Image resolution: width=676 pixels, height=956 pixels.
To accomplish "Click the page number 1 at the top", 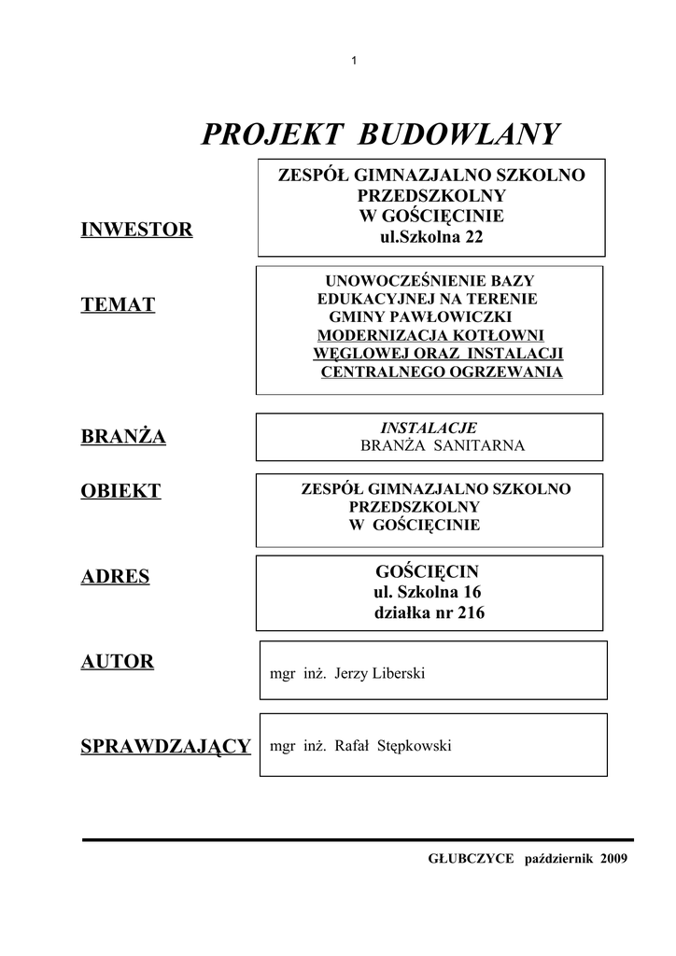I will click(x=354, y=62).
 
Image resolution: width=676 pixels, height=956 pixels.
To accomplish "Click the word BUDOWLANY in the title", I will click(x=458, y=135).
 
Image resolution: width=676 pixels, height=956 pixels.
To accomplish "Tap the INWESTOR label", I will click(x=137, y=230).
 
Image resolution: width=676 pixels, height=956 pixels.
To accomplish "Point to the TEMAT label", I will click(x=119, y=304).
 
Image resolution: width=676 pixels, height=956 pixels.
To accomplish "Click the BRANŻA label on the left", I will click(x=124, y=436).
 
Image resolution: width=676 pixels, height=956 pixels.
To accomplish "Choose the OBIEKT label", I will click(x=121, y=492).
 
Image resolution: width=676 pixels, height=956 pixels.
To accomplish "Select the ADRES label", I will click(x=116, y=576).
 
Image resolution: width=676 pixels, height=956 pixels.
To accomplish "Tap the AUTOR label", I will click(x=118, y=662).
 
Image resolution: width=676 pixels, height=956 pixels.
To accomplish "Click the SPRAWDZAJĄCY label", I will click(x=166, y=746).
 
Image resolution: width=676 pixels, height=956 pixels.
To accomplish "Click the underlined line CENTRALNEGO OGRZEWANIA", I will click(x=442, y=372).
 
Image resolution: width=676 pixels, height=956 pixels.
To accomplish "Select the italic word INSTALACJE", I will click(x=430, y=428).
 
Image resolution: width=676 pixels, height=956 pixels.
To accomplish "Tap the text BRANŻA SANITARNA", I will click(x=443, y=445).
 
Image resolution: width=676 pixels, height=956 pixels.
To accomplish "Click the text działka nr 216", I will click(x=430, y=613).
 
